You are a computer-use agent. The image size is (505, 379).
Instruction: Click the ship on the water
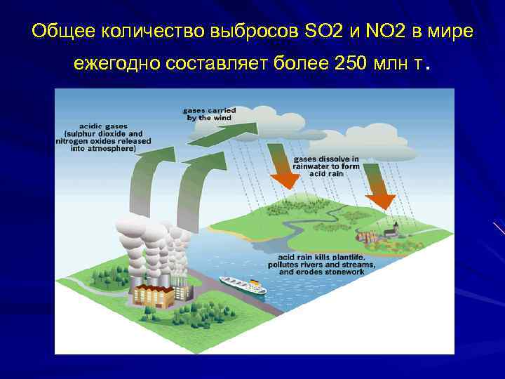click(242, 285)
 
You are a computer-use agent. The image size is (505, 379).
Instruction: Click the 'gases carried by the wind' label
click(209, 114)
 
